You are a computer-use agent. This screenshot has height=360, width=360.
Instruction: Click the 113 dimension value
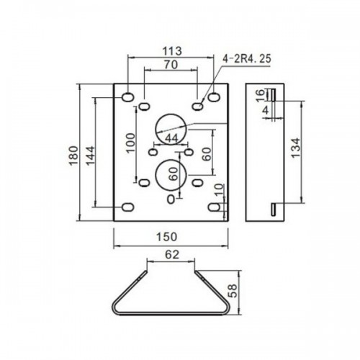tap(172, 51)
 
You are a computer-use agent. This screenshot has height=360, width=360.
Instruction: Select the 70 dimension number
tap(171, 65)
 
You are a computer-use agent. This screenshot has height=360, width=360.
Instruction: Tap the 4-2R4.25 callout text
tap(247, 59)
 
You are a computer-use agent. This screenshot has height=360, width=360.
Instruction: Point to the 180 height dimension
tap(73, 156)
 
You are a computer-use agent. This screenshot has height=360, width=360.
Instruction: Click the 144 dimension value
tap(91, 156)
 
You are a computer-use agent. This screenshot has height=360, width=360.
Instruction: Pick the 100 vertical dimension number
tap(130, 143)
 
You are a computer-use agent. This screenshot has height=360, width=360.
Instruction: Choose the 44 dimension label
tap(172, 138)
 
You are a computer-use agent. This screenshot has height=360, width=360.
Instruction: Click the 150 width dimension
tap(167, 237)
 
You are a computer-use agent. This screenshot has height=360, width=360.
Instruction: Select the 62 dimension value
tap(172, 254)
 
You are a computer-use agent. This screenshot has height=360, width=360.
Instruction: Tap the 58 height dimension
tap(233, 291)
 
